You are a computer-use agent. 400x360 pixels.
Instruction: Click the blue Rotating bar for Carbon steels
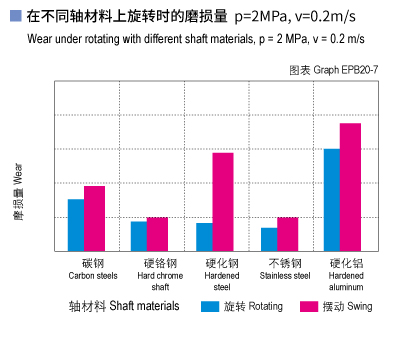pos(76,225)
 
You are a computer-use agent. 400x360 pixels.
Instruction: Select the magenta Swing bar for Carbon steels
pos(94,218)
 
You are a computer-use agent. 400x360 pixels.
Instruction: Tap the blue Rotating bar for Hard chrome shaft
pos(139,236)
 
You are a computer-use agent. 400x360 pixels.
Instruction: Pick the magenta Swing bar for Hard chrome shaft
pos(157,234)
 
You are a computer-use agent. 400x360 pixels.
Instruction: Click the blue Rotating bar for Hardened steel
pos(204,237)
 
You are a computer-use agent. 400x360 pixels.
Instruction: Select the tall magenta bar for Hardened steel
pos(222,201)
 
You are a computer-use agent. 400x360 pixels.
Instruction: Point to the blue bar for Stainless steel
pos(268,239)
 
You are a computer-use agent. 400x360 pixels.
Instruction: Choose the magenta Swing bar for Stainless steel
pos(287,234)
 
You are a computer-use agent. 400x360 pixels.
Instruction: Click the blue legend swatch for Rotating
pos(209,306)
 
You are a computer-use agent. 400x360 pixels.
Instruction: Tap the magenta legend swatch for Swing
pos(308,306)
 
